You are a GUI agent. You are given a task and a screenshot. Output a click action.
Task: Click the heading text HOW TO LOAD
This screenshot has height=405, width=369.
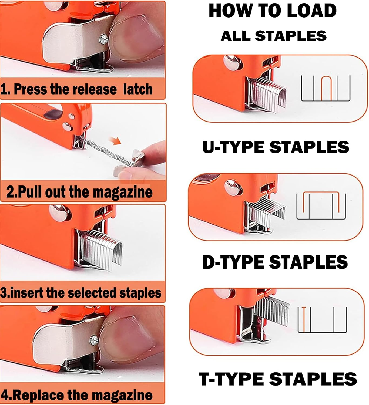coord(273,11)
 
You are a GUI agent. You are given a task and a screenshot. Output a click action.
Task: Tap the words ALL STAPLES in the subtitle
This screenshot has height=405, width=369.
coord(273,36)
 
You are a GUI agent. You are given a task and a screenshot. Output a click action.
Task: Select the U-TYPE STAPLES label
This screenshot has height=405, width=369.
coord(276,147)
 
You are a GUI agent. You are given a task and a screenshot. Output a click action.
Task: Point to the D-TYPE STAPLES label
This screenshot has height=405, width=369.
coord(275,262)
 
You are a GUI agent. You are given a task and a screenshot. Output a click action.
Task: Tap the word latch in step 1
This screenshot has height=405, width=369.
coord(137,89)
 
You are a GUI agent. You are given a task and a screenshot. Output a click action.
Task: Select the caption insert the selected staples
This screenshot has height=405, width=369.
coord(81,293)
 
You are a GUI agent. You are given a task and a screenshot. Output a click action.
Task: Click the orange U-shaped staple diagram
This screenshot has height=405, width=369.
coord(326,88)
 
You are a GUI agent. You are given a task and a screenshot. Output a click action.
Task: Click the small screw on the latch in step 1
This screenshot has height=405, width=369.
coord(103,39)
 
